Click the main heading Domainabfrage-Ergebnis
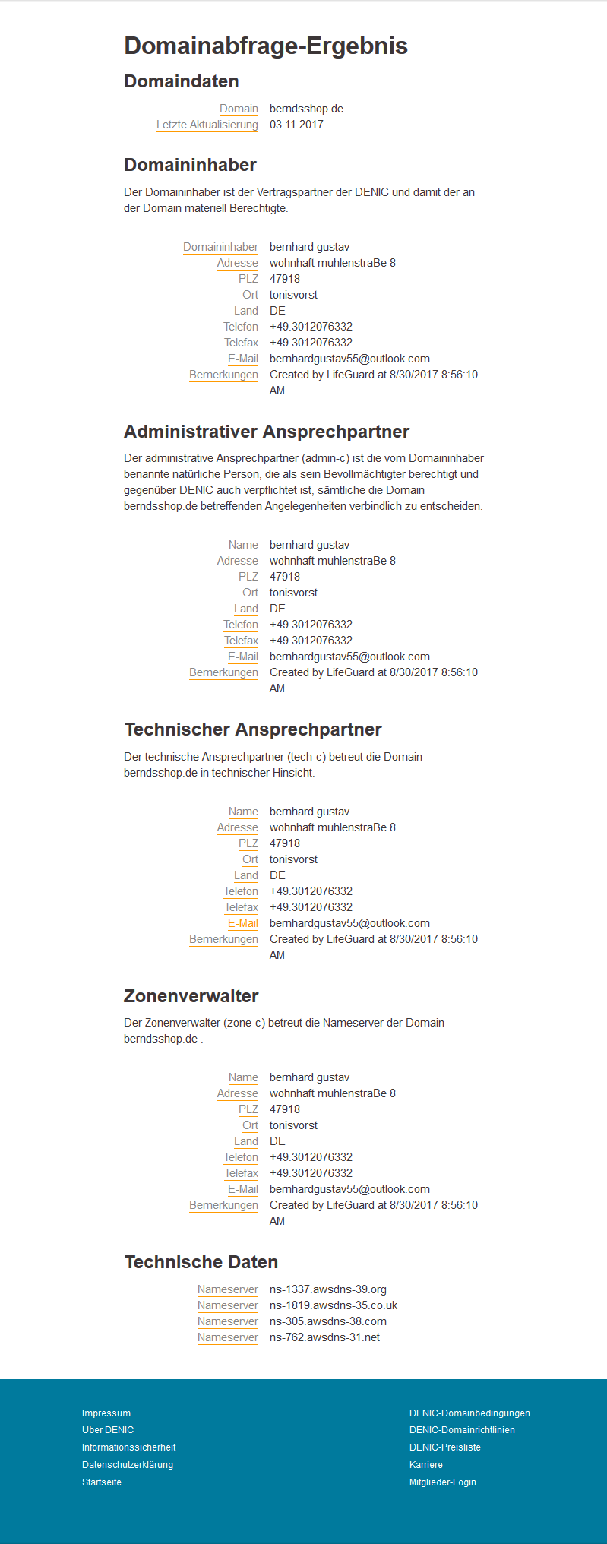(266, 46)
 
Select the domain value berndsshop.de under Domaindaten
(306, 109)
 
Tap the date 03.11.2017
(296, 125)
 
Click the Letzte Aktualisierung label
(207, 125)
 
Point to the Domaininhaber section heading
(190, 165)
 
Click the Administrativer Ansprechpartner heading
(267, 432)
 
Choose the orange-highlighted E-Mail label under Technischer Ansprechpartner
(242, 923)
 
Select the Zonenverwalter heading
(191, 996)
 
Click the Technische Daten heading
(201, 1262)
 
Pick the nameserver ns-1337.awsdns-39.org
(327, 1289)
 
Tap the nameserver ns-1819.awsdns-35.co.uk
(334, 1305)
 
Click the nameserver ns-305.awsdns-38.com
(327, 1321)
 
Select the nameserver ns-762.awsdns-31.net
(324, 1337)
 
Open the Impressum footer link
(106, 1413)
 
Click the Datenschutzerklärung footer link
(128, 1465)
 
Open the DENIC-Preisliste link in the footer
(444, 1447)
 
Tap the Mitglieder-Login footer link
(442, 1482)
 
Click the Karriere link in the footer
(425, 1465)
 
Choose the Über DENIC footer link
(108, 1430)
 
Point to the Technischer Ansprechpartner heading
(253, 729)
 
